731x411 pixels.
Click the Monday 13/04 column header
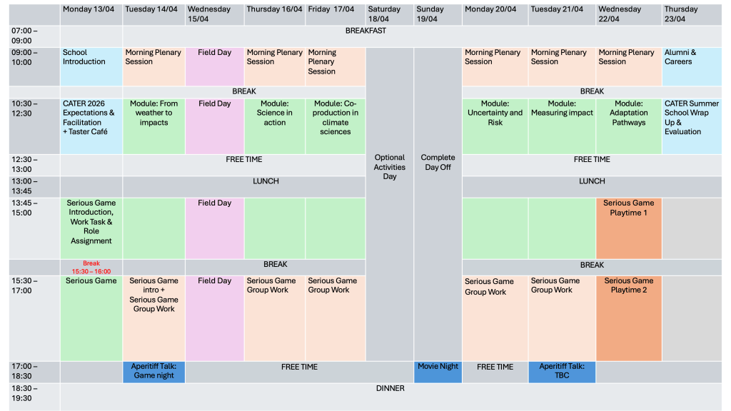pyautogui.click(x=91, y=14)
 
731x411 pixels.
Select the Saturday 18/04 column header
pyautogui.click(x=390, y=14)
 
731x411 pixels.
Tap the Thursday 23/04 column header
pyautogui.click(x=692, y=14)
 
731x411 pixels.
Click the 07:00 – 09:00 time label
pyautogui.click(x=25, y=36)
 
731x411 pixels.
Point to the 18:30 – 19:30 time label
pyautogui.click(x=25, y=393)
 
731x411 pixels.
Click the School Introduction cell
pyautogui.click(x=91, y=66)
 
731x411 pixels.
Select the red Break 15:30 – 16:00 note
pyautogui.click(x=91, y=268)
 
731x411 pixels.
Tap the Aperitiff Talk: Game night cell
pyautogui.click(x=154, y=372)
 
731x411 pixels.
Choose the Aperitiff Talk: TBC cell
pyautogui.click(x=562, y=372)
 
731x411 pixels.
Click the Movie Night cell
pyautogui.click(x=438, y=372)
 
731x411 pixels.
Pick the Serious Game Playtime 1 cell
pyautogui.click(x=629, y=228)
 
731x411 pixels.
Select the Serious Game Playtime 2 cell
pyautogui.click(x=629, y=318)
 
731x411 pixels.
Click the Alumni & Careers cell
pyautogui.click(x=692, y=66)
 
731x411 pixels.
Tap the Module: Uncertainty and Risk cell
pyautogui.click(x=495, y=126)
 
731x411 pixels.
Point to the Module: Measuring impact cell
pyautogui.click(x=562, y=126)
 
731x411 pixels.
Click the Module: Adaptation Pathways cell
pyautogui.click(x=629, y=126)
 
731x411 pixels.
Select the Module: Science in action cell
pyautogui.click(x=275, y=126)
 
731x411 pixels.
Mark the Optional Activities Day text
pyautogui.click(x=390, y=167)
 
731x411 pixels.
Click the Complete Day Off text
pyautogui.click(x=438, y=162)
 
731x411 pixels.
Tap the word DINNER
pyautogui.click(x=390, y=389)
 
